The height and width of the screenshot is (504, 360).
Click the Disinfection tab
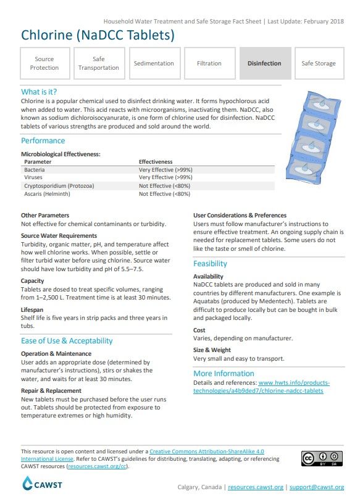(264, 63)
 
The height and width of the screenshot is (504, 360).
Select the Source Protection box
(44, 63)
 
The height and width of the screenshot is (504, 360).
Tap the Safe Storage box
(319, 63)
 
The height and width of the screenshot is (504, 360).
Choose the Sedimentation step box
(154, 63)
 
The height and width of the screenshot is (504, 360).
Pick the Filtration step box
(209, 63)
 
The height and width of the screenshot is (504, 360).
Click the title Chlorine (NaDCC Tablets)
(98, 35)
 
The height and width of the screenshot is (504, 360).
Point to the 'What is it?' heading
(39, 91)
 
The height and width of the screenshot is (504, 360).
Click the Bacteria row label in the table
(35, 169)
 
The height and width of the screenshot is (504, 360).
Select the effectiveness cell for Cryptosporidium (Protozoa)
(164, 185)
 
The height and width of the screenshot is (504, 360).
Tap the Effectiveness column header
(156, 161)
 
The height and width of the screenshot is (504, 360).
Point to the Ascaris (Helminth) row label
(47, 193)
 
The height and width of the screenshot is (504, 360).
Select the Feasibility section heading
(210, 264)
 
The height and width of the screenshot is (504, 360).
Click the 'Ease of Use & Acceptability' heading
(67, 341)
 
